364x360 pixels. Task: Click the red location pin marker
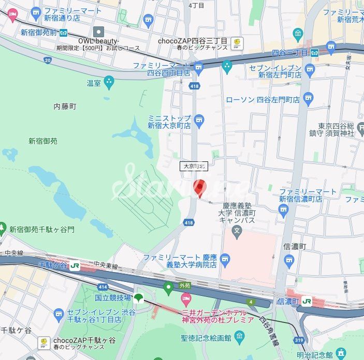point(199,188)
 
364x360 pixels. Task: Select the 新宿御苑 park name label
point(43,141)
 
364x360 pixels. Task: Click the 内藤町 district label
point(65,106)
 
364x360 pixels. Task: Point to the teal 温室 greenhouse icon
point(109,81)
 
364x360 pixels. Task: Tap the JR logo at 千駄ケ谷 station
point(76,265)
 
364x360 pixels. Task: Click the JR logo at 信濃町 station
point(308,301)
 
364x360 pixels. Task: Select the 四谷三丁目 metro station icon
point(314,52)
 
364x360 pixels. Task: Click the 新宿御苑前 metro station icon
point(63,32)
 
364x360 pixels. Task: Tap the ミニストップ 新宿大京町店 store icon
point(199,121)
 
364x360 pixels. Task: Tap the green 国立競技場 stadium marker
point(138,298)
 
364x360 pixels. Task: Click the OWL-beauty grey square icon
point(98,32)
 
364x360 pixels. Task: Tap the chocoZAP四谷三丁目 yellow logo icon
point(237,42)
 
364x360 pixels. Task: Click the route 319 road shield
point(298,340)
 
